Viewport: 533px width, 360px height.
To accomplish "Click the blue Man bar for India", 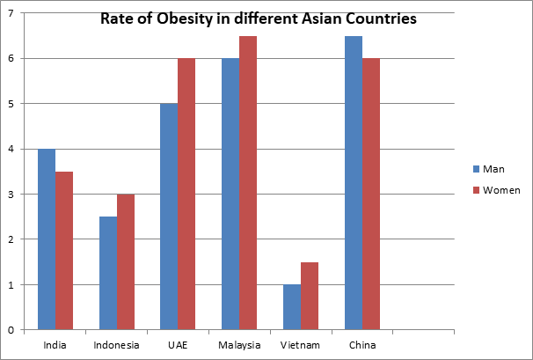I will pos(47,239).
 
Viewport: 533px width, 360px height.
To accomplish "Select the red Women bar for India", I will pos(64,251).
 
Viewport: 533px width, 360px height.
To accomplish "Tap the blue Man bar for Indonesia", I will pos(108,273).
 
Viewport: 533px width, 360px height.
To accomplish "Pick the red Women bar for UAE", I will pos(186,194).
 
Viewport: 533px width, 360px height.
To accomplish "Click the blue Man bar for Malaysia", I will pos(230,194).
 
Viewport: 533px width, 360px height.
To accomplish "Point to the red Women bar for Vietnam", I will pos(310,296).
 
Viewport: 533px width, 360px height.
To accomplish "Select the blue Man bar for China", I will pos(353,183).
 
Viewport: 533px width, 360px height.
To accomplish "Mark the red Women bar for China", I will pos(370,194).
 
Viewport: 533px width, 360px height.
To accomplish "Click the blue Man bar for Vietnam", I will pos(292,307).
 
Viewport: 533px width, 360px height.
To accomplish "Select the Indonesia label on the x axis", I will pos(116,345).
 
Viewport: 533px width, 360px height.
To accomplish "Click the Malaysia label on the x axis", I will pos(238,345).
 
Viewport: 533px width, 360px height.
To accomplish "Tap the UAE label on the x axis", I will pos(178,345).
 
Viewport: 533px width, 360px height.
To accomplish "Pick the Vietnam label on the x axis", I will pos(300,345).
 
